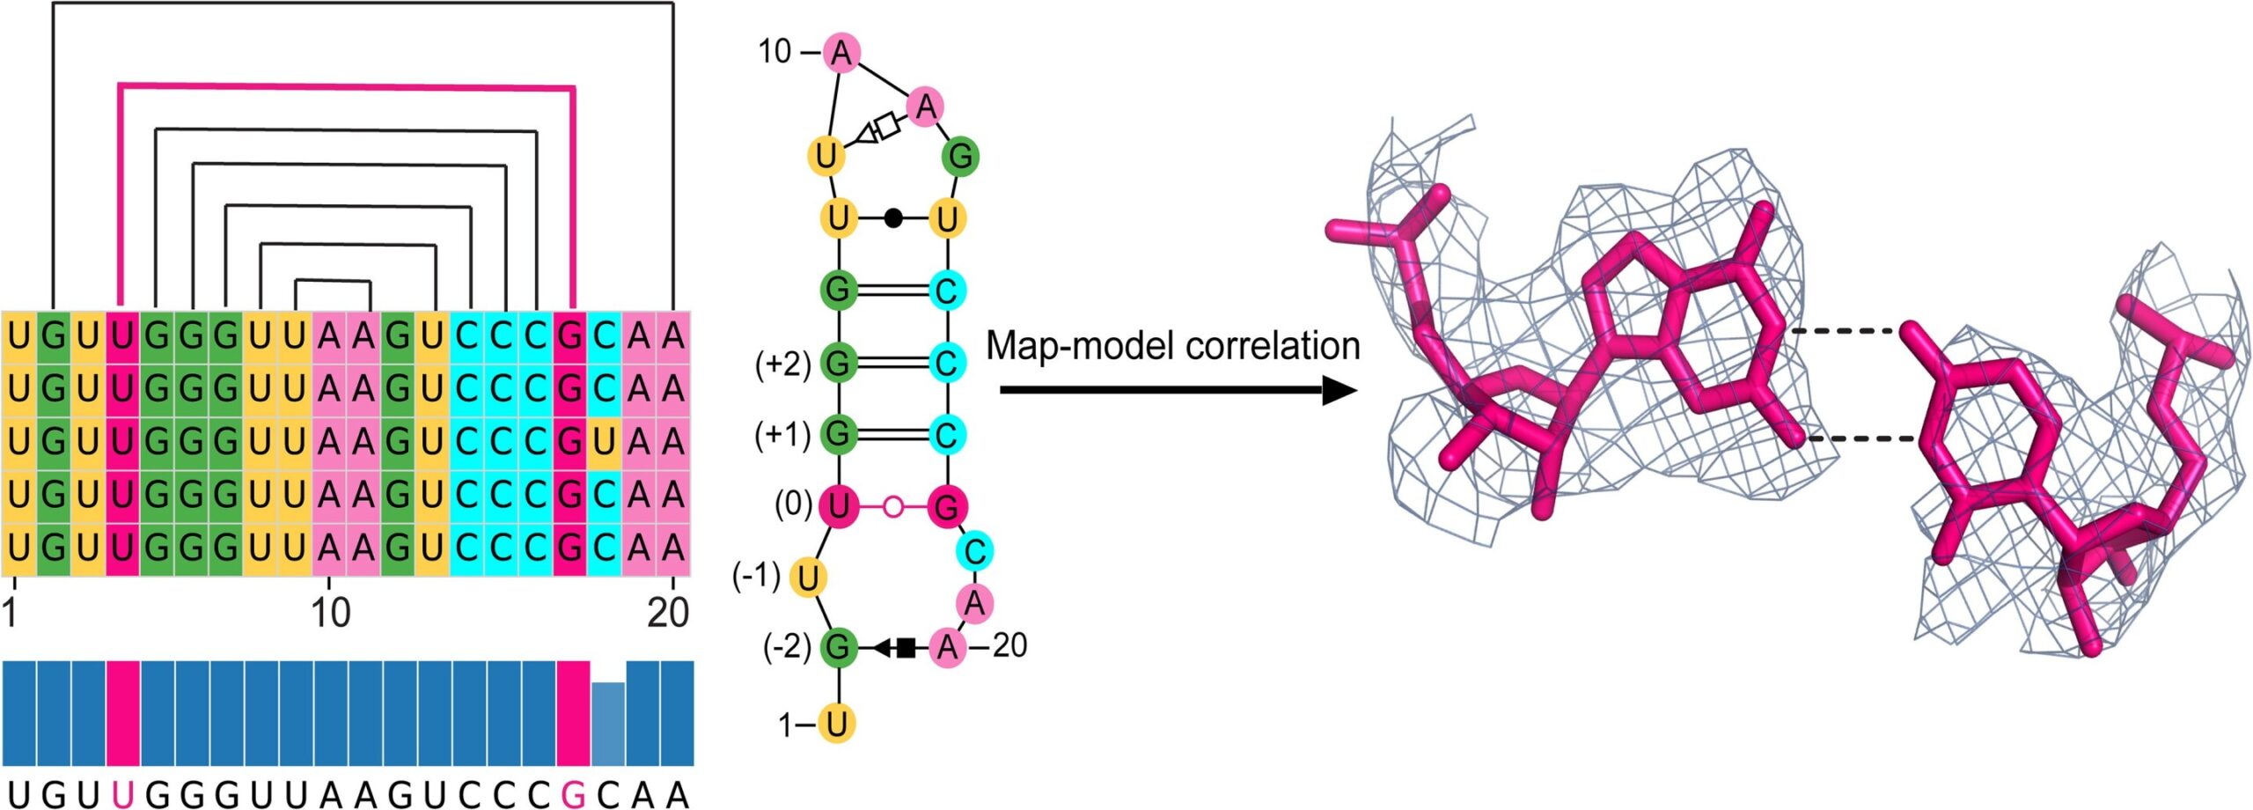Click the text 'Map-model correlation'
1172,346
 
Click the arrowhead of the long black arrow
1339,389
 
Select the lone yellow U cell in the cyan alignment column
605,441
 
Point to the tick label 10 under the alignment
330,612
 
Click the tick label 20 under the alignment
668,612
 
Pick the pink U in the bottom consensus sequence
122,795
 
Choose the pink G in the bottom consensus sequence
573,795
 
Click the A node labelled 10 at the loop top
841,54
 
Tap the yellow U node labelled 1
836,724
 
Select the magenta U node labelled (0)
838,506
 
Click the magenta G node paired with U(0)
947,506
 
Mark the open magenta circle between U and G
892,506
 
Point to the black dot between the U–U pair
892,217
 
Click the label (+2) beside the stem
782,363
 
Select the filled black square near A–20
906,648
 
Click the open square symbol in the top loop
890,125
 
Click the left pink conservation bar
123,713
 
